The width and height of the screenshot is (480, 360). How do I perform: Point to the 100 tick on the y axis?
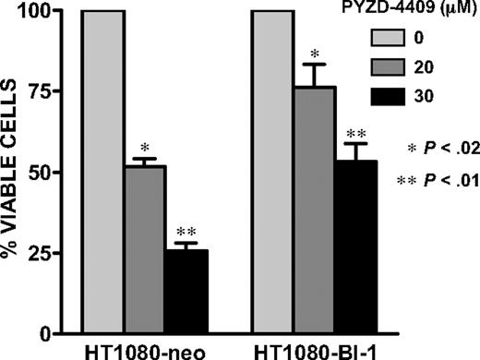coord(44,12)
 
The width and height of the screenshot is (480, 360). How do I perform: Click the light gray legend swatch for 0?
coord(393,37)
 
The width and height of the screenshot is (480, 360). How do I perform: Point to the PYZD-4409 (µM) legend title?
coord(420,11)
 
